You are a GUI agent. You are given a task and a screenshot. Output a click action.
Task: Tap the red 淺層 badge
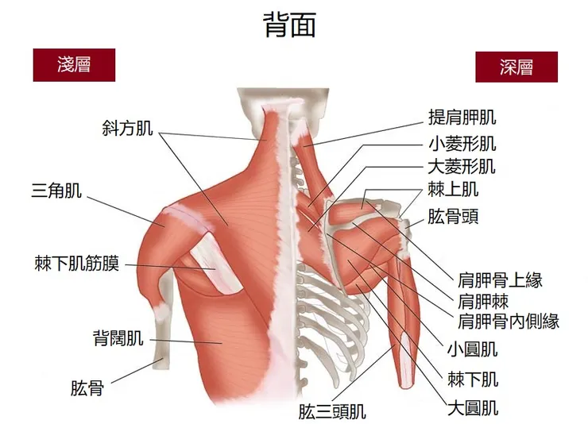coord(74,64)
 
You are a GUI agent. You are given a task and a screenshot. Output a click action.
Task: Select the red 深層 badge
coord(516,67)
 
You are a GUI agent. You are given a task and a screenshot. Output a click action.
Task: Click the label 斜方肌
coord(127,127)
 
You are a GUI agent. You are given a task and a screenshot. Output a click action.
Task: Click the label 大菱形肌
coord(462,167)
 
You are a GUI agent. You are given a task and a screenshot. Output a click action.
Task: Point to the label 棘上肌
coord(453,190)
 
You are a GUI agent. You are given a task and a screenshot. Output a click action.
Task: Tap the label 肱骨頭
coord(453,216)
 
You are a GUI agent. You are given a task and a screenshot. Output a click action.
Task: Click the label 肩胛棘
coord(483,301)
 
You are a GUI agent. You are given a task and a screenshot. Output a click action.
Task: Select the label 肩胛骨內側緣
coord(509,322)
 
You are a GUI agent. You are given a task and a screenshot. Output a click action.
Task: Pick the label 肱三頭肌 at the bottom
coord(332,412)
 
